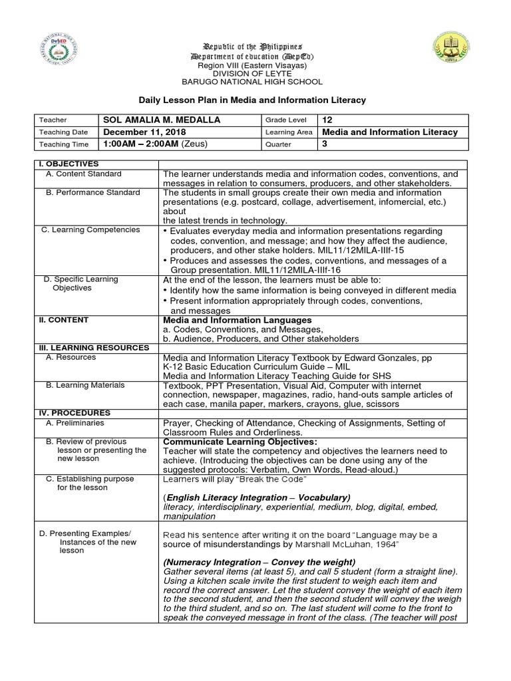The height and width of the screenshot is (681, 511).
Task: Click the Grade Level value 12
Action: click(x=327, y=120)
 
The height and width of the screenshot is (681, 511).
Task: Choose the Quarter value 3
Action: click(x=325, y=144)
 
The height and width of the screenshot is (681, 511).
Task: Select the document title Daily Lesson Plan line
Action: click(x=252, y=100)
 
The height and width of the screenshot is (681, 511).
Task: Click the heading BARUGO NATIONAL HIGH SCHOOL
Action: click(x=252, y=82)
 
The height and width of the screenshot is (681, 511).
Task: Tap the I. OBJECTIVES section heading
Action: click(x=69, y=164)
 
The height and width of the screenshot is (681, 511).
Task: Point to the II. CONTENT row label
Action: click(x=63, y=321)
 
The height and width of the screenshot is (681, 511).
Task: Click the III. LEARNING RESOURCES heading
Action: click(x=92, y=348)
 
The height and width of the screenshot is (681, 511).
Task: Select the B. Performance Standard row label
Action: click(x=92, y=193)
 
